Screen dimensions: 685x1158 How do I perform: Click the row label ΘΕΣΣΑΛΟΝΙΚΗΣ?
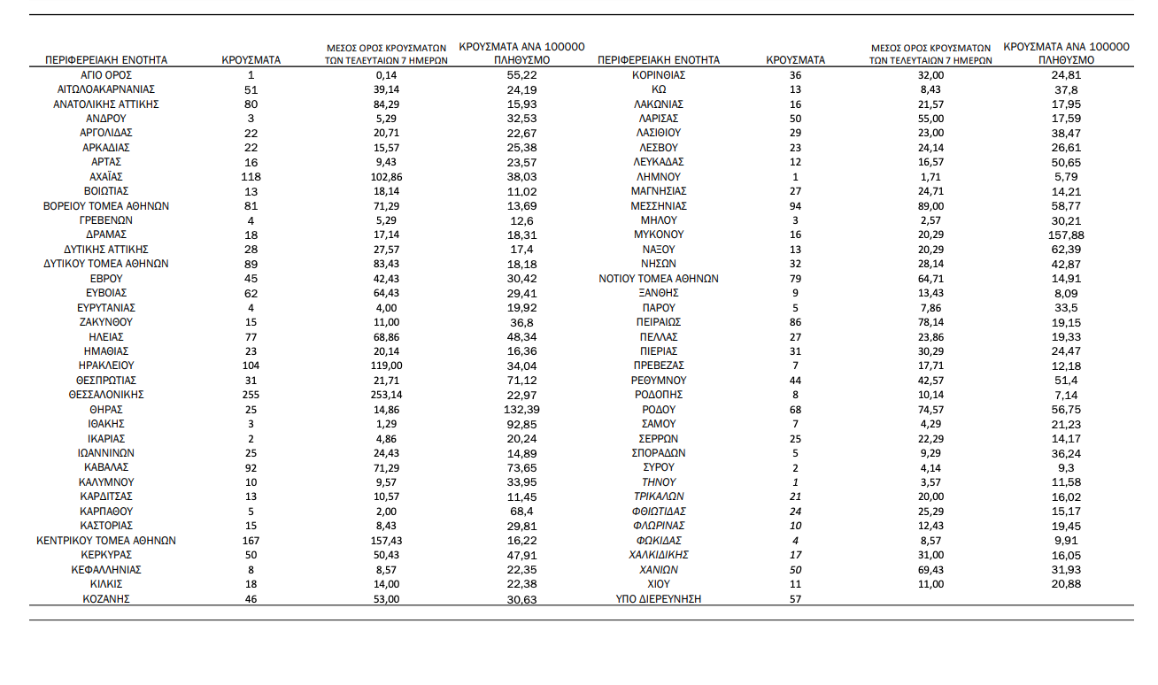coord(105,395)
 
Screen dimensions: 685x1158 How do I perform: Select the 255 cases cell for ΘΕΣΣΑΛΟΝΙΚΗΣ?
coord(251,395)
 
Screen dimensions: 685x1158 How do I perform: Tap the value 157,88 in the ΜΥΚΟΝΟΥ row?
coord(1067,235)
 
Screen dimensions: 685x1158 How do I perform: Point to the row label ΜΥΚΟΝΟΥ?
coord(659,235)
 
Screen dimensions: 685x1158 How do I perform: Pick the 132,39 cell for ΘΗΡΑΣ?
coord(523,410)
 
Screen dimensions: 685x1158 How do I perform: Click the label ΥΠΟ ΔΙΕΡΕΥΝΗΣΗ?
coord(659,599)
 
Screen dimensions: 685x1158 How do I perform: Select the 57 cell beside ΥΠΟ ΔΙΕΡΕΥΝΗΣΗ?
coord(794,599)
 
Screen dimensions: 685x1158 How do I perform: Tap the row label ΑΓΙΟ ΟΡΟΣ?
coord(105,75)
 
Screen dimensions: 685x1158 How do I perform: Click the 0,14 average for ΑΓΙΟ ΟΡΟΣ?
coord(387,75)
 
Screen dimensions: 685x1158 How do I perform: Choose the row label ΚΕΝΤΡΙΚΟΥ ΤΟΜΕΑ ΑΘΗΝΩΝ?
coord(105,541)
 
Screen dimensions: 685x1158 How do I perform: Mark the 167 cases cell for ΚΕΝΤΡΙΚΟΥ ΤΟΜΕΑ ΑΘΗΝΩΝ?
coord(251,541)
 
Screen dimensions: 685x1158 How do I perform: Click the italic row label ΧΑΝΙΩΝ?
coord(659,570)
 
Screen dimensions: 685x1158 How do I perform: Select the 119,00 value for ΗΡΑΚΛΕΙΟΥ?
coord(387,366)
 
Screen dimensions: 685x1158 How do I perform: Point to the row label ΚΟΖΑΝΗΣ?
coord(105,599)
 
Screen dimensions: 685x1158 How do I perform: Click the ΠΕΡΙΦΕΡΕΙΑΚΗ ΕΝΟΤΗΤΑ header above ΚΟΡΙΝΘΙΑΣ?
coord(659,60)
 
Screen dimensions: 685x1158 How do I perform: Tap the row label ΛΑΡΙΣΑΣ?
coord(659,119)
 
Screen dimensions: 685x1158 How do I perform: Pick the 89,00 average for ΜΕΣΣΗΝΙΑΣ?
coord(930,206)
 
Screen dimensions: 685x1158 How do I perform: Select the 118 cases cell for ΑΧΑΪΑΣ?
coord(251,177)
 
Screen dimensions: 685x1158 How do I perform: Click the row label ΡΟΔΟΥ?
coord(659,410)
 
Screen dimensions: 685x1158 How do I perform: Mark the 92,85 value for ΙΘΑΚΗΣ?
coord(523,425)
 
